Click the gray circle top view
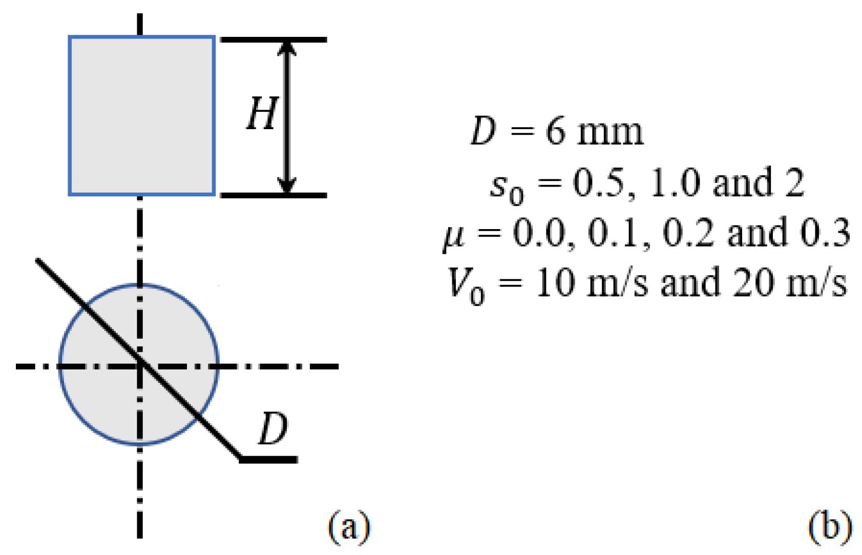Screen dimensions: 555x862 tap(102, 400)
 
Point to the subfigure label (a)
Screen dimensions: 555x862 tap(349, 525)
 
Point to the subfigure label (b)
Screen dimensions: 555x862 tap(830, 525)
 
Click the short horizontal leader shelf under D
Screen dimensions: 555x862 tap(269, 460)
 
